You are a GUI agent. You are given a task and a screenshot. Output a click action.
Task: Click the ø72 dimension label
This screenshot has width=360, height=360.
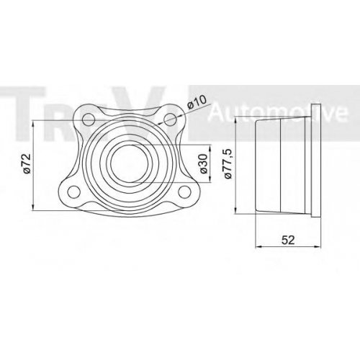[27, 163]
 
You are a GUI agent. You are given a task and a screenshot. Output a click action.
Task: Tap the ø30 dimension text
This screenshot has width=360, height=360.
[203, 163]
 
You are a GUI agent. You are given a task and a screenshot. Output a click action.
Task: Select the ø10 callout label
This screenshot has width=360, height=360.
[197, 102]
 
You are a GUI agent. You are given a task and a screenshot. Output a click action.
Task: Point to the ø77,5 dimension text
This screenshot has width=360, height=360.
[228, 163]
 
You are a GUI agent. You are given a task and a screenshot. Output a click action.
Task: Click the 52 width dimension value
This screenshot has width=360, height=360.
[288, 240]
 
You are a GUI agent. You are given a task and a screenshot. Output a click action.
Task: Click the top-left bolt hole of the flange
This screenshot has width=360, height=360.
[89, 120]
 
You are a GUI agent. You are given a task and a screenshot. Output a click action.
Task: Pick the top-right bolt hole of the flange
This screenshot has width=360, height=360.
[171, 120]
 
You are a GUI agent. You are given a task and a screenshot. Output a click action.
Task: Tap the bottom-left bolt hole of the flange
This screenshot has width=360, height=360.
[74, 192]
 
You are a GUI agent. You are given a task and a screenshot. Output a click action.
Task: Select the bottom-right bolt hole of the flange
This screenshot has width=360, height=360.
[185, 192]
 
